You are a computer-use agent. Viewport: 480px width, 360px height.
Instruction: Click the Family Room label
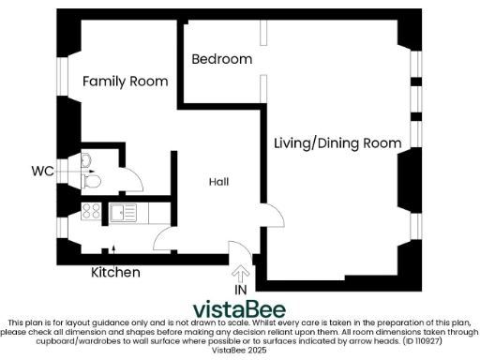click(125, 82)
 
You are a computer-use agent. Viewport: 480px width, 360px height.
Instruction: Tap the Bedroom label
click(221, 59)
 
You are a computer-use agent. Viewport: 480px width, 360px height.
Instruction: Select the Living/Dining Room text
click(337, 142)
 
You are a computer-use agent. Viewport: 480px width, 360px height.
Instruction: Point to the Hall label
click(218, 182)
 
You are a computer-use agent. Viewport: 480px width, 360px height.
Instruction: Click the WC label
click(41, 172)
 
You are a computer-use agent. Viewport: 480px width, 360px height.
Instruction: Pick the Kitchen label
click(115, 273)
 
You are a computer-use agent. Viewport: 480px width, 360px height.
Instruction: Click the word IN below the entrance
click(241, 291)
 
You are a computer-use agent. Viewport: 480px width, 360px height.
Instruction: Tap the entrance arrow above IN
click(241, 274)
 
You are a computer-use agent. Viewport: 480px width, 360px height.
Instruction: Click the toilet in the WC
click(91, 177)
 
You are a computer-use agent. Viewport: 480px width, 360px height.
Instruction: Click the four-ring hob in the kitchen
click(91, 212)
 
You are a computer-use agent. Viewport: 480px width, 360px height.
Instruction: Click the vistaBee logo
click(240, 309)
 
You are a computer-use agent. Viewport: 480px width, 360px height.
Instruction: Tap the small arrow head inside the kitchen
click(115, 248)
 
